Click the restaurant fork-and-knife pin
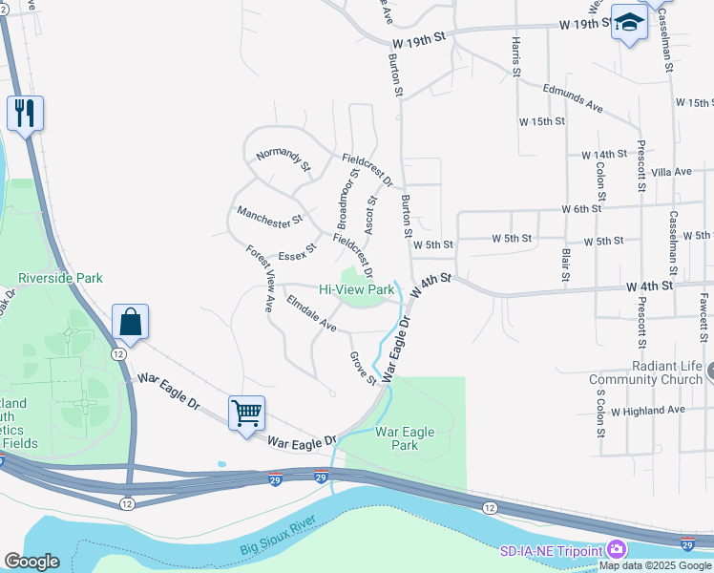24,114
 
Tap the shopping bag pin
130,323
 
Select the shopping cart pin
246,414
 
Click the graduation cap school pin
629,23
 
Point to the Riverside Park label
60,278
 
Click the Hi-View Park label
356,288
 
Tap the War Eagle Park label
405,438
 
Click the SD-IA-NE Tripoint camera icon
617,550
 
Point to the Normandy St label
283,159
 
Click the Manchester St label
269,217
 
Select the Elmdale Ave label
311,318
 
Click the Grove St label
363,369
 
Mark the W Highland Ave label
649,410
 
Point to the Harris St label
515,57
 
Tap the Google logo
31,562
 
